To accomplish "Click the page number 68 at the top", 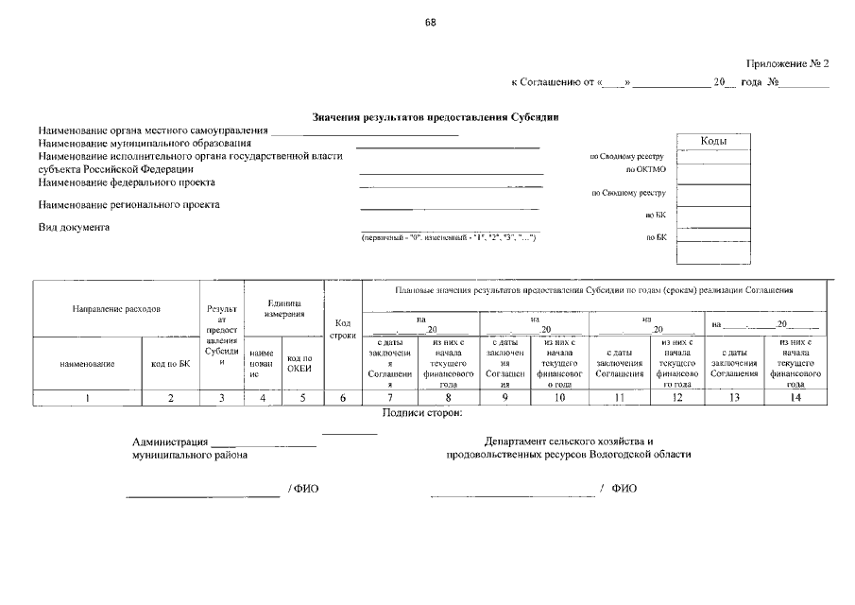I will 431,22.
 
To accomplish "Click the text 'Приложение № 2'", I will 786,64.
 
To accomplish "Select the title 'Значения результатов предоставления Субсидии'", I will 436,117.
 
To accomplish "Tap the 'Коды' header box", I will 713,141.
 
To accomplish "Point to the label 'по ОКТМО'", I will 646,169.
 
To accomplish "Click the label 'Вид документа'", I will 74,227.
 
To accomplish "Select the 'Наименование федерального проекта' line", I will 127,181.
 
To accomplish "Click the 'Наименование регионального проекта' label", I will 128,204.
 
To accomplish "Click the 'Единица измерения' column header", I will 284,307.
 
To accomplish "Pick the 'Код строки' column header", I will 344,329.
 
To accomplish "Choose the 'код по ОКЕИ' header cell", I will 299,364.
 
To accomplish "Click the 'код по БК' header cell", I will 171,364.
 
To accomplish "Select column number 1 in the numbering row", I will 87,398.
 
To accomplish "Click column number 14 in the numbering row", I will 795,398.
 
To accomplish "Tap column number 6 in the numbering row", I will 344,398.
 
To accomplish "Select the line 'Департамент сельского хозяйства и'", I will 569,441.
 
